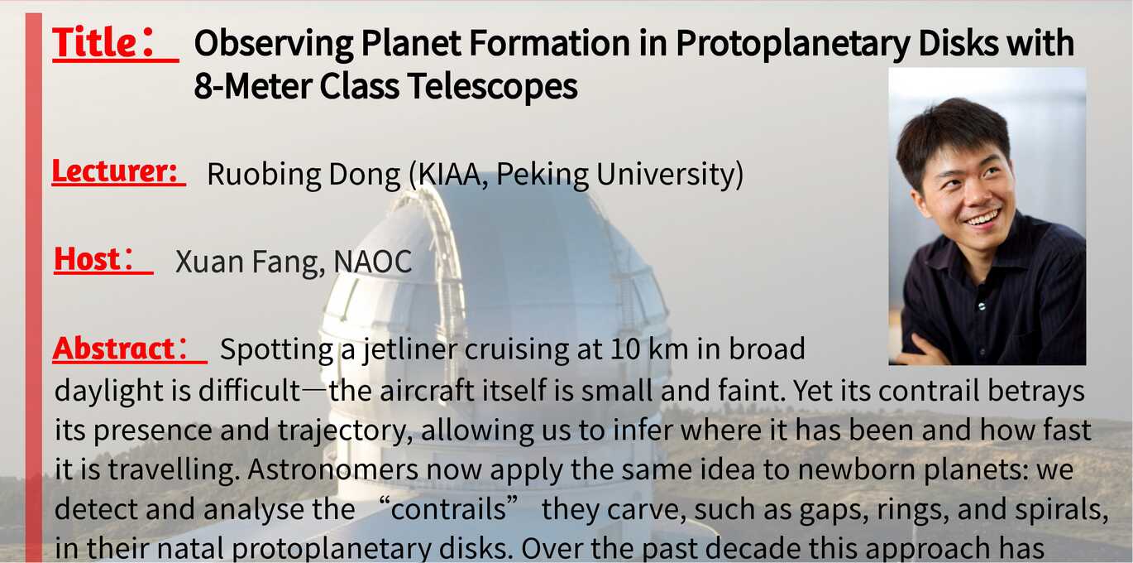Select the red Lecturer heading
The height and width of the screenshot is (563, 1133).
pyautogui.click(x=115, y=171)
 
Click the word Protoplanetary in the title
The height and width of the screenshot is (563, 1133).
pyautogui.click(x=793, y=44)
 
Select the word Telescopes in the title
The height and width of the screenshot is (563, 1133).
pyautogui.click(x=493, y=85)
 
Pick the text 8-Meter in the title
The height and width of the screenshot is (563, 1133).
pyautogui.click(x=252, y=85)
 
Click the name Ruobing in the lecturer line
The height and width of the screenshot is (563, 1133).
pyautogui.click(x=264, y=175)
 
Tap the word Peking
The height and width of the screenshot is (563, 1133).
pyautogui.click(x=542, y=175)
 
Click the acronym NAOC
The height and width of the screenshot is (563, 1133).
pyautogui.click(x=373, y=262)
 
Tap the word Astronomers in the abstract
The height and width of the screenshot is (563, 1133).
pyautogui.click(x=332, y=469)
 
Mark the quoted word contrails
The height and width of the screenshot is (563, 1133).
pyautogui.click(x=448, y=509)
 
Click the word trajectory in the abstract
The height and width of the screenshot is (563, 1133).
pyautogui.click(x=345, y=431)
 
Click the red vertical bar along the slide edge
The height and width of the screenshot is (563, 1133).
pyautogui.click(x=34, y=287)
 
